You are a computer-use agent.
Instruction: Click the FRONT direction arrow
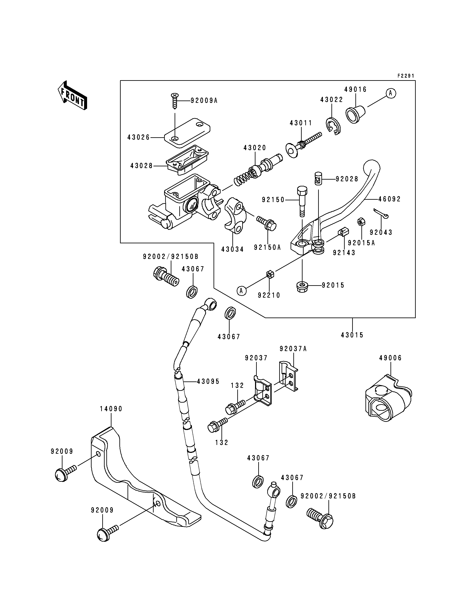click(x=72, y=95)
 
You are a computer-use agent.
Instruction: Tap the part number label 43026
click(x=139, y=137)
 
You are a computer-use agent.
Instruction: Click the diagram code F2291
click(x=406, y=76)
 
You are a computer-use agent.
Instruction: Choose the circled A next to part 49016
click(x=391, y=93)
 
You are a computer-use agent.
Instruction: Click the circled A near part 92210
click(x=242, y=291)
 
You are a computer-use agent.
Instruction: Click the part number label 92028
click(x=347, y=179)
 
